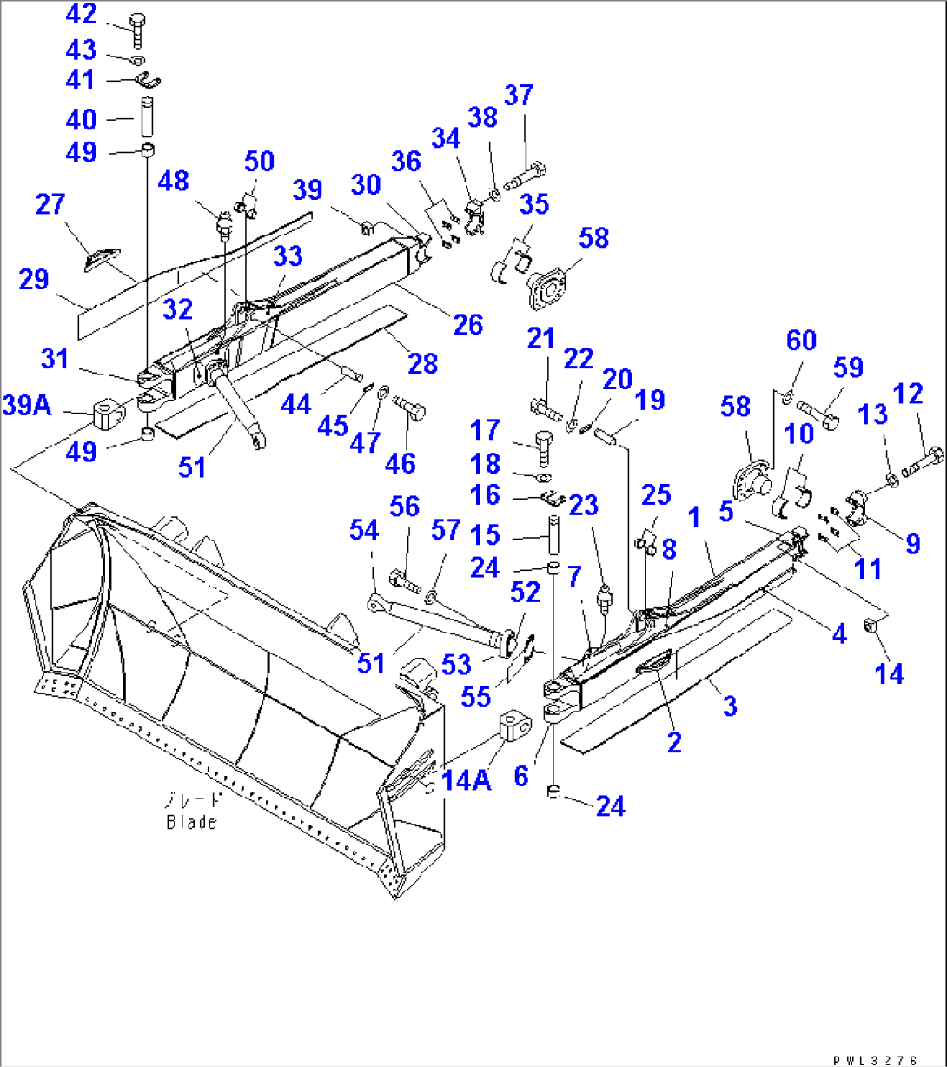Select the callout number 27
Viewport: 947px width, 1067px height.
point(51,205)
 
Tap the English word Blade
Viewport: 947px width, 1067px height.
point(191,822)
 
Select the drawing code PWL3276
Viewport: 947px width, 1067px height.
point(874,1060)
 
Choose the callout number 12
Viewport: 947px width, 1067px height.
point(909,394)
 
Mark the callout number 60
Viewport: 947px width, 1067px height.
point(801,341)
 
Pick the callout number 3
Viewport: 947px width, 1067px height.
point(729,706)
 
